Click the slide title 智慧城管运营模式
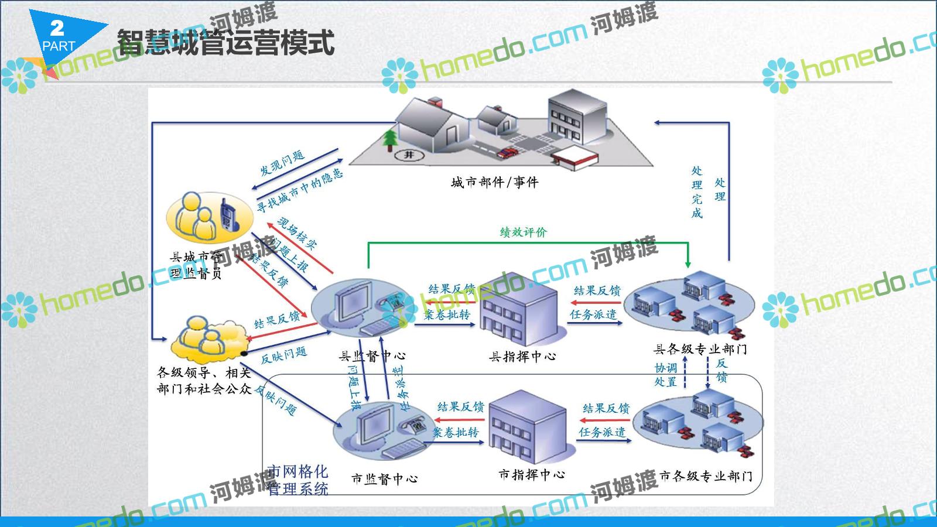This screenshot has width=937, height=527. click(225, 42)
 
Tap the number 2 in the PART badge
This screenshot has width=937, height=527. click(57, 28)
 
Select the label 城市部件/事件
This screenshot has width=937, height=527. click(494, 183)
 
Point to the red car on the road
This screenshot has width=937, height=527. click(507, 153)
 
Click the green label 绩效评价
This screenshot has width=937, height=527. click(523, 232)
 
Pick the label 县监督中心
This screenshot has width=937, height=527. click(372, 355)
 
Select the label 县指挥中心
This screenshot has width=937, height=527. click(522, 356)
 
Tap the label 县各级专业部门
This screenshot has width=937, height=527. click(700, 350)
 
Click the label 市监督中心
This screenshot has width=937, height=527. click(384, 479)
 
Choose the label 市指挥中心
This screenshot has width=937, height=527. click(532, 474)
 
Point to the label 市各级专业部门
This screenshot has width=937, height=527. click(706, 476)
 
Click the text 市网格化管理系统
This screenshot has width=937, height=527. click(297, 480)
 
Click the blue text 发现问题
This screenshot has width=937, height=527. click(282, 163)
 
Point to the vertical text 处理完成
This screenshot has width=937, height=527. click(696, 192)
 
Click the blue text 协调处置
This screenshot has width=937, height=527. click(666, 375)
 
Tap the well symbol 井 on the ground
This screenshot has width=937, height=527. click(409, 155)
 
